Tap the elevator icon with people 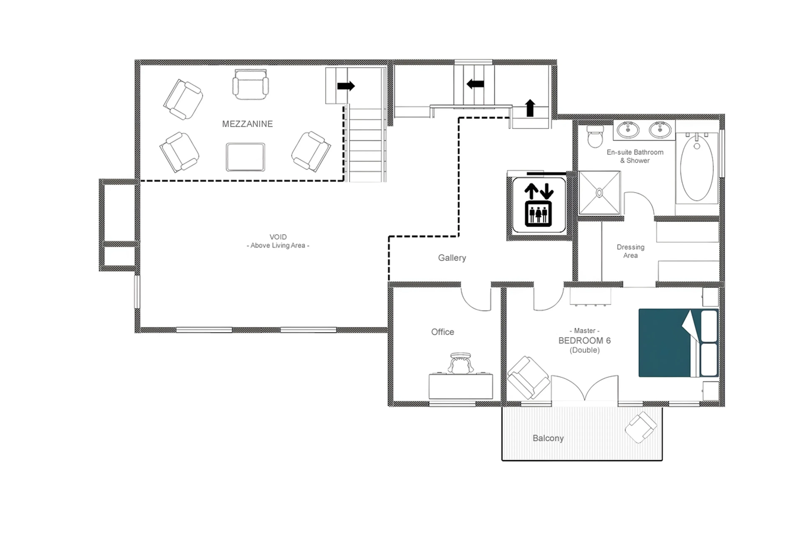click(538, 214)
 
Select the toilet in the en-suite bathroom click(595, 137)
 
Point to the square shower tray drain click(599, 193)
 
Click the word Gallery click(452, 258)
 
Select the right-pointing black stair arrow click(346, 86)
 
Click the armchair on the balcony click(640, 427)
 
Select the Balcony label click(548, 438)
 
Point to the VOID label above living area click(278, 241)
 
